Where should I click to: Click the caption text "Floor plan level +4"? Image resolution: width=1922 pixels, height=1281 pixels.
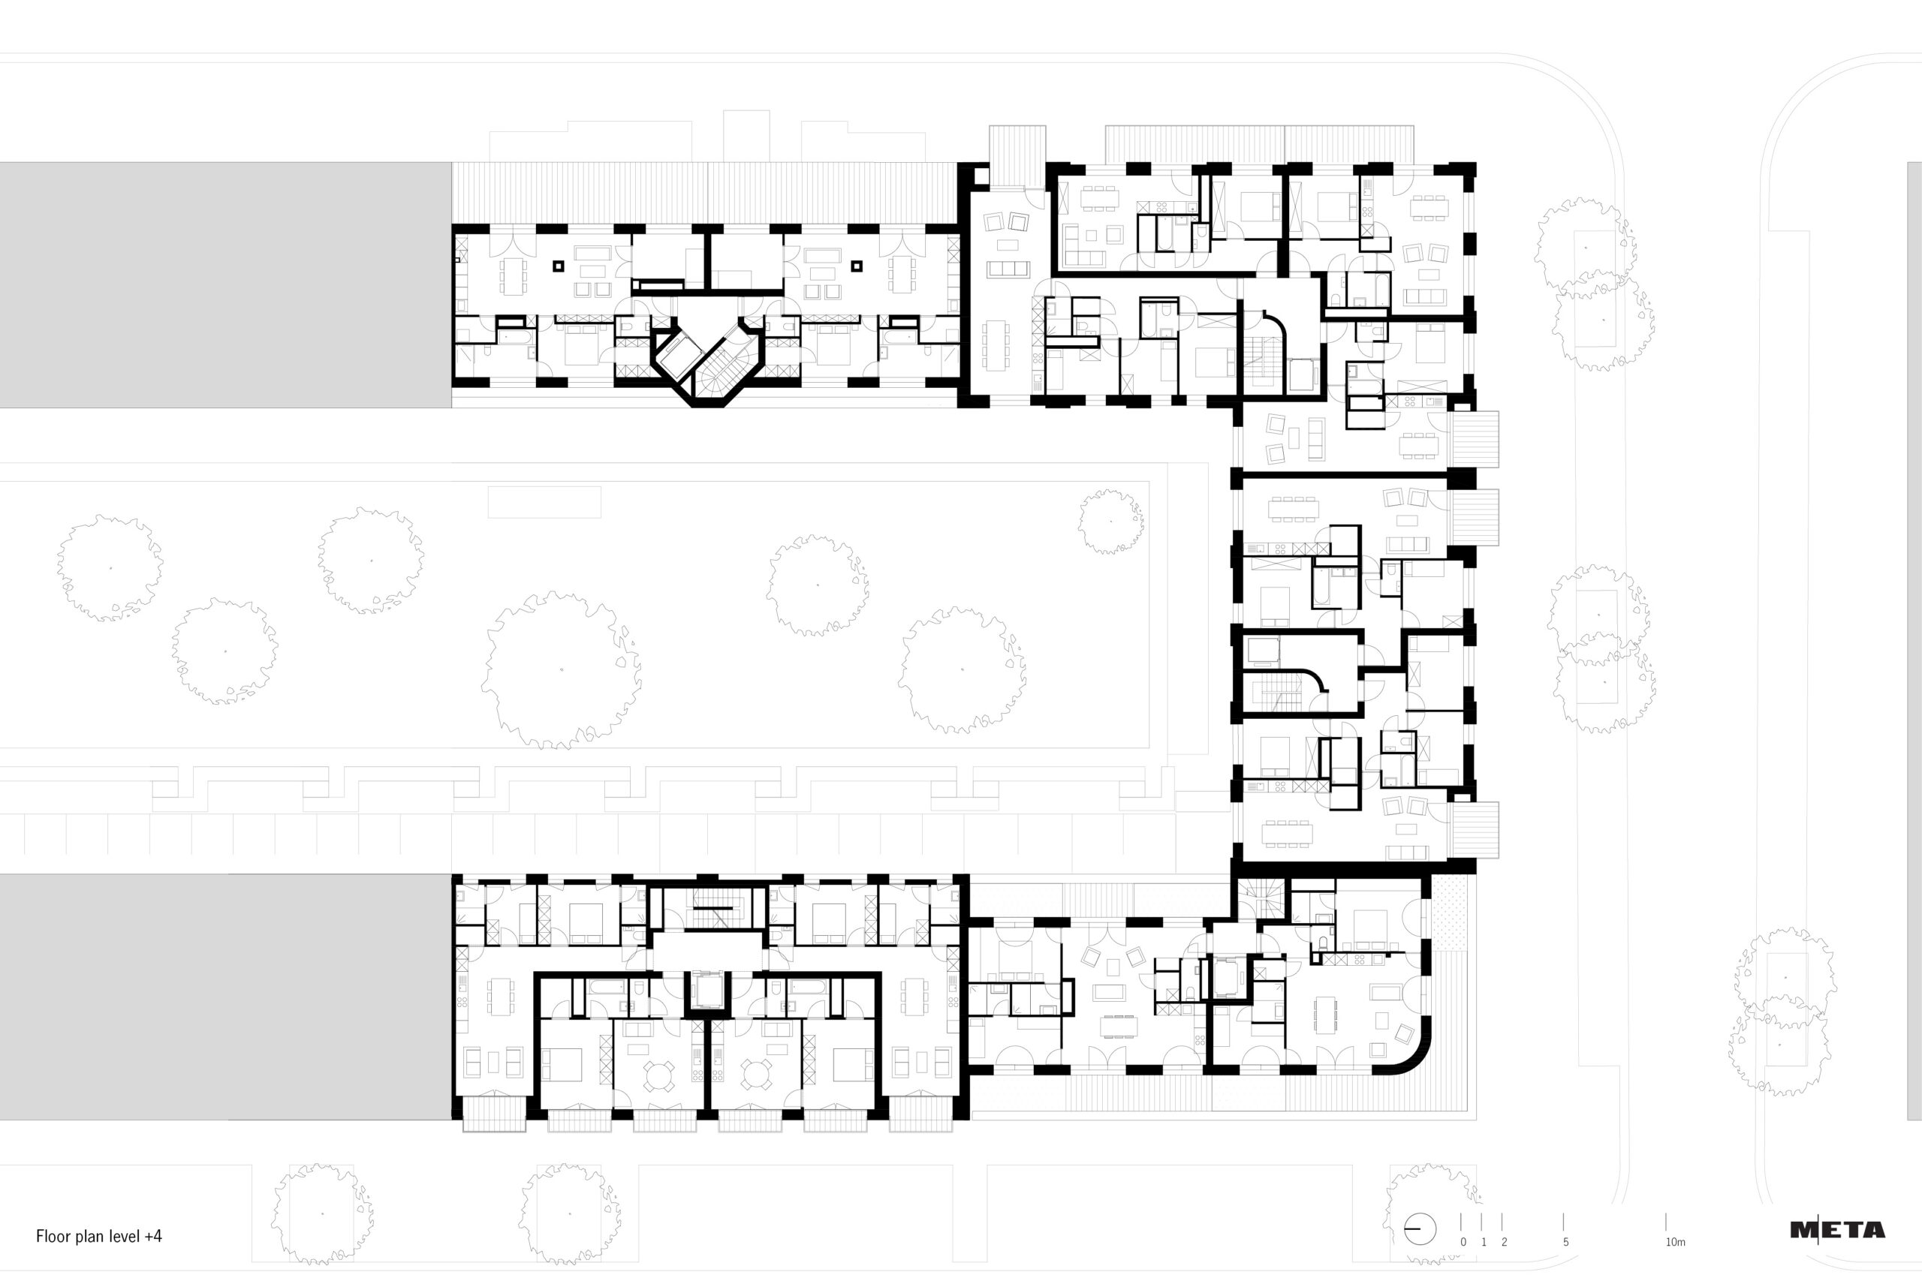tap(99, 1236)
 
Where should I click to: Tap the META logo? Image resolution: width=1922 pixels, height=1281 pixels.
tap(1838, 1229)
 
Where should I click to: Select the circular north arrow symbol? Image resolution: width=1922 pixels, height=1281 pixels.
tap(1420, 1229)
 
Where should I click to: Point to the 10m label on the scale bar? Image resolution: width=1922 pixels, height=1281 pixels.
tap(1675, 1242)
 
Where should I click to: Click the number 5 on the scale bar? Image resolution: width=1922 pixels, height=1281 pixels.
tap(1565, 1242)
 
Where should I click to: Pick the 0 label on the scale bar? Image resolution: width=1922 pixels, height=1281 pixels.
tap(1463, 1242)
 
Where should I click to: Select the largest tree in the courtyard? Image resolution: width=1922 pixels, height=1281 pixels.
tap(561, 670)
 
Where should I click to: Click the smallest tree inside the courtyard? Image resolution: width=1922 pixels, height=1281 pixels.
tap(1110, 522)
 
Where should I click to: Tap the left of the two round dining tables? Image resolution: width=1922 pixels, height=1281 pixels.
tap(658, 1075)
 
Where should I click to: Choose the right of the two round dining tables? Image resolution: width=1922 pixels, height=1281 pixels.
tap(757, 1075)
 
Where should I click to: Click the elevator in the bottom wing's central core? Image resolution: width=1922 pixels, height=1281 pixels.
tap(708, 992)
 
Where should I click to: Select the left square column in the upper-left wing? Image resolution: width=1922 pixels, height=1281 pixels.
tap(559, 266)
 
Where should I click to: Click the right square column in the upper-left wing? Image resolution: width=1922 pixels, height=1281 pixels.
tap(857, 266)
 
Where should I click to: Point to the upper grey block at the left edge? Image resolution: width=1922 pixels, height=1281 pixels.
tap(225, 284)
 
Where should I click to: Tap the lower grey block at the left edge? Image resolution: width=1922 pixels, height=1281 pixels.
tap(225, 997)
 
